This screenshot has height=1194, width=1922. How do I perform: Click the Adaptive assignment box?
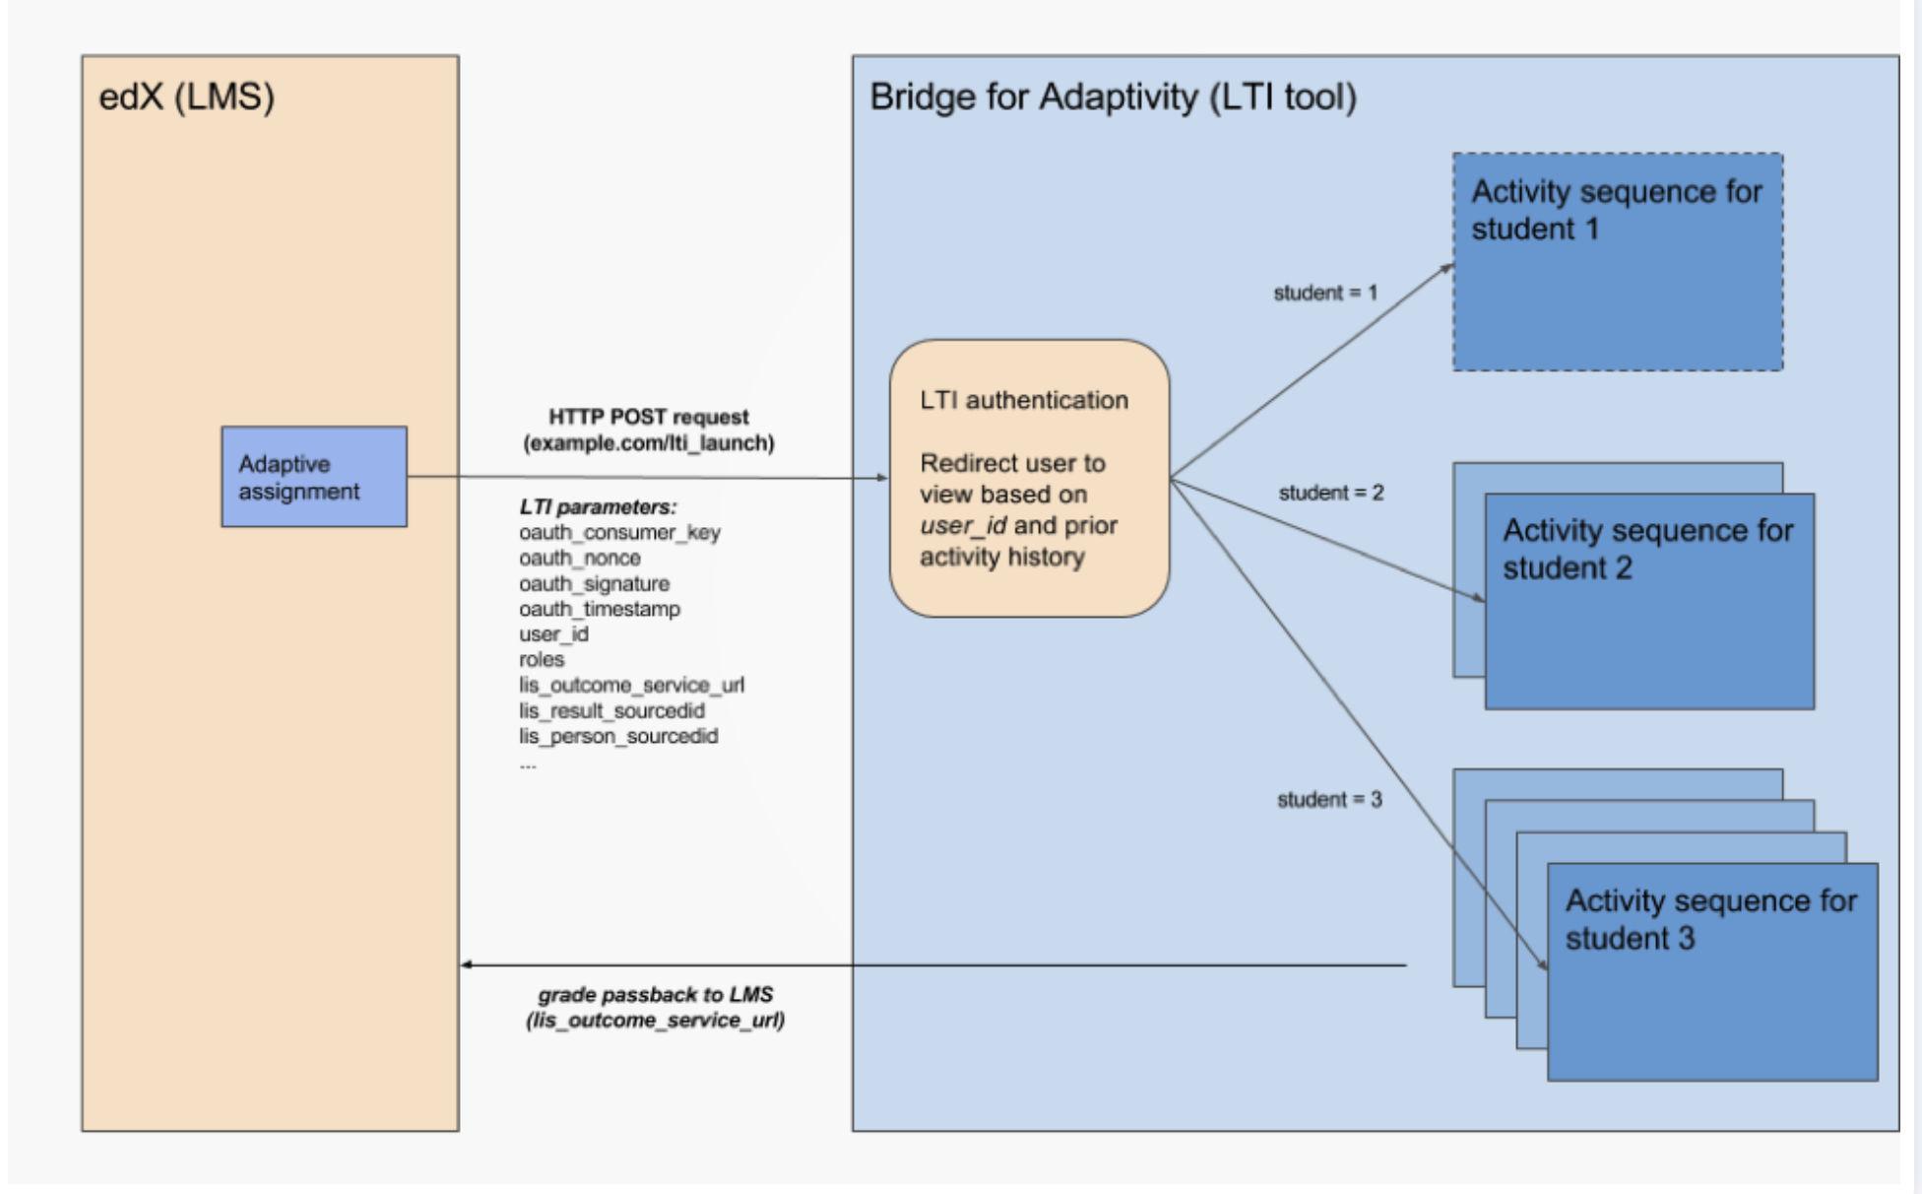[x=313, y=477]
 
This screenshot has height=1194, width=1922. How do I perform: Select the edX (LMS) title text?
[x=186, y=97]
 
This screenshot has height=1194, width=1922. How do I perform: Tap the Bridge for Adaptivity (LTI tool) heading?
[x=1113, y=97]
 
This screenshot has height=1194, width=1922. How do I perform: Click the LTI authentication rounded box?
[x=1029, y=478]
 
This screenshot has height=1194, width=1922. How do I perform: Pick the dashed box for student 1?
[x=1617, y=262]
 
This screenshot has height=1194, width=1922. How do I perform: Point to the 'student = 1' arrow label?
[x=1324, y=293]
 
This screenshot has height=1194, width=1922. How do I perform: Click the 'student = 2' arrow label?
[x=1330, y=493]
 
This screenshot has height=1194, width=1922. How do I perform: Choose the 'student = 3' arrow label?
[x=1329, y=800]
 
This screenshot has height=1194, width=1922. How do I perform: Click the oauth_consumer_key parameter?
[x=619, y=533]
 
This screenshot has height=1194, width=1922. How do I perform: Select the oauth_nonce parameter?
[x=580, y=559]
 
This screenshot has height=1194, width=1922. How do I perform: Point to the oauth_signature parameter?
[x=594, y=584]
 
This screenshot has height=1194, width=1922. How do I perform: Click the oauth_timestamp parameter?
[x=600, y=610]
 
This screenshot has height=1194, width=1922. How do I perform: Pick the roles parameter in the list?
[x=542, y=660]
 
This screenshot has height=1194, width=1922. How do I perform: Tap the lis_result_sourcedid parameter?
[x=611, y=711]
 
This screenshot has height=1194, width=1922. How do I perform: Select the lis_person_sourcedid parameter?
[x=618, y=737]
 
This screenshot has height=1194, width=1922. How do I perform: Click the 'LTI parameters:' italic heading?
[x=598, y=507]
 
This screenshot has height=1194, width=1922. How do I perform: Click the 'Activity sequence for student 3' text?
[x=1710, y=919]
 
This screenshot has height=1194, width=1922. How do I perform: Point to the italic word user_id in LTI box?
[x=962, y=526]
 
